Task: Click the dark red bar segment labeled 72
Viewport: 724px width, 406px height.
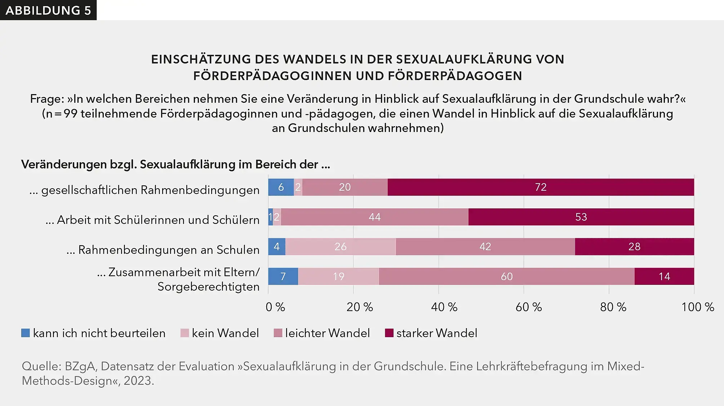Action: (541, 187)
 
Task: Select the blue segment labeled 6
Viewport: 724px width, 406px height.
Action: (281, 187)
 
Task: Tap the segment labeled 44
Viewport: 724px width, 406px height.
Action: (374, 217)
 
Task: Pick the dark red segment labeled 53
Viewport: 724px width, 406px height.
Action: (581, 217)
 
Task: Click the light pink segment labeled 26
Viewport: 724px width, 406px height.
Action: (341, 247)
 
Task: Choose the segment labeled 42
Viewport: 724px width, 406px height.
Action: (485, 247)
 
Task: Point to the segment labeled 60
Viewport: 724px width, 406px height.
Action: (506, 277)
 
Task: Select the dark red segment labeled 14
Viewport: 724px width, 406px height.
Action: (664, 277)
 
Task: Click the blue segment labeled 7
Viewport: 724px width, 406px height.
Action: (283, 277)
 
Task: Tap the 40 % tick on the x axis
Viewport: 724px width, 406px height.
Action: (444, 307)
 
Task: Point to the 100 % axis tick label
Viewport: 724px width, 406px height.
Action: (697, 307)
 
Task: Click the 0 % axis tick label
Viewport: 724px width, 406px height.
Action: (275, 307)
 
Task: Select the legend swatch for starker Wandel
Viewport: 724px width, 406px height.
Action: (389, 333)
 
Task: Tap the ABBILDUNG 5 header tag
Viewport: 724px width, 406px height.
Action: (48, 10)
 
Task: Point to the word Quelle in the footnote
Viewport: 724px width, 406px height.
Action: (41, 366)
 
